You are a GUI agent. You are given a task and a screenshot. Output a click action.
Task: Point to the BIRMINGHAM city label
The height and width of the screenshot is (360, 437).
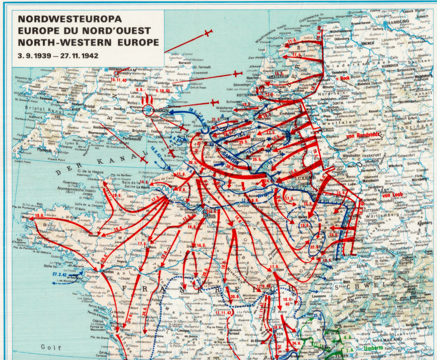(x=121, y=70)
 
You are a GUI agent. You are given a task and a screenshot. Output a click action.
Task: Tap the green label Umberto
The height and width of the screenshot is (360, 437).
(x=374, y=348)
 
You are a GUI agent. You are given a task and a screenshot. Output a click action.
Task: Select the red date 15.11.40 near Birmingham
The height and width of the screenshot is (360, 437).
(x=118, y=80)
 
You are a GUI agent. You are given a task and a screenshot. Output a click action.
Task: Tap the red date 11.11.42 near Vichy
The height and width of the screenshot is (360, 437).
(x=223, y=313)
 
